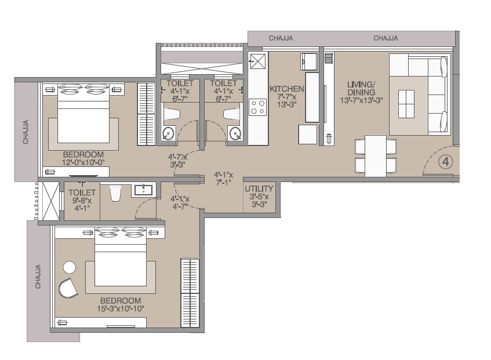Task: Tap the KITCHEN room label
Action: coord(287,89)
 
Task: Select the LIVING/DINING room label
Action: coord(361,88)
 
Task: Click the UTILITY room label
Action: coord(259,189)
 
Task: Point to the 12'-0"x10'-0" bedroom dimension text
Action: coord(83,163)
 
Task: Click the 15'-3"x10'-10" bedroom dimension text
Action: coord(121,308)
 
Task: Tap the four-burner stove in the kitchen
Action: coord(257,107)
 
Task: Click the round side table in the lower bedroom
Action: coord(70,267)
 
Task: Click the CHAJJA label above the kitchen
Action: coord(281,38)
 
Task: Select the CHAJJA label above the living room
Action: coord(385,38)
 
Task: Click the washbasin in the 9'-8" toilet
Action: coord(142,190)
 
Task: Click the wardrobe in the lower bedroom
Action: coord(190,293)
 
